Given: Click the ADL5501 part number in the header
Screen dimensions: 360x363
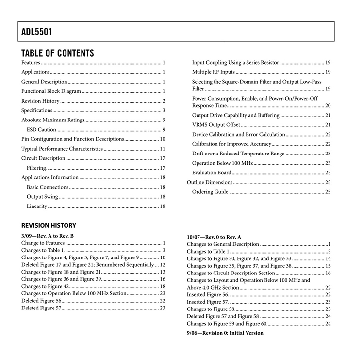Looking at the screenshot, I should [37, 33].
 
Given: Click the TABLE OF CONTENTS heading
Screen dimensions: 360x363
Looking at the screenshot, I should [58, 53].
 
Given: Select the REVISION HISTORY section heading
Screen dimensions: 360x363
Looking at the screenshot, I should [49, 225].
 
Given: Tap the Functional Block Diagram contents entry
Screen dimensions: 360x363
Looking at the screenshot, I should [51, 91].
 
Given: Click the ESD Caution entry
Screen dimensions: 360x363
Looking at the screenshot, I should [42, 130].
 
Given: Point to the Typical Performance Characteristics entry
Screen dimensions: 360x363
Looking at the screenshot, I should [62, 149].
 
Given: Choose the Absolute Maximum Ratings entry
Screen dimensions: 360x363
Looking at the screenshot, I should [53, 120].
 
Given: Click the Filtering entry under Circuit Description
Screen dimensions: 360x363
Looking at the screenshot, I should [36, 168].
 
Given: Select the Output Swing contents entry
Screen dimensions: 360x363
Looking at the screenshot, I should [42, 197].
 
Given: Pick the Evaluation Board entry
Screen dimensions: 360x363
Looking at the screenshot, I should [212, 172].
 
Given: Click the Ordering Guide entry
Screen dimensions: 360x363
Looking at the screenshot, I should [210, 192].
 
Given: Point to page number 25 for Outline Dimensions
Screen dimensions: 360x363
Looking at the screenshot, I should [328, 182].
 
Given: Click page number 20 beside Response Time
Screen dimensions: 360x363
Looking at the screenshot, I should [328, 105].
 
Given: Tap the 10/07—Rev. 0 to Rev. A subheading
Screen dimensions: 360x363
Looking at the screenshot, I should [214, 237].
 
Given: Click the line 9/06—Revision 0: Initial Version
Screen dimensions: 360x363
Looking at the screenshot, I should [225, 333].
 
